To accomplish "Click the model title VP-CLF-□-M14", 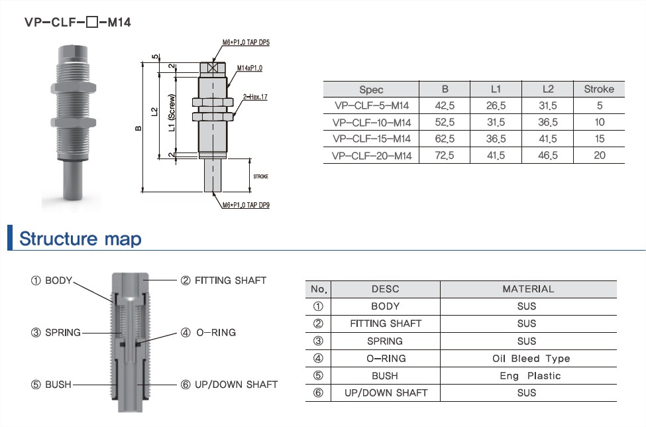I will tap(78, 22).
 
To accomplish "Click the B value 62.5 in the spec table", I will tap(445, 139).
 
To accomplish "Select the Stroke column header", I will tap(598, 89).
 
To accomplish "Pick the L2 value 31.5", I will tap(547, 105).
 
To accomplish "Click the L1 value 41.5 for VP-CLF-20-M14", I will tap(496, 155).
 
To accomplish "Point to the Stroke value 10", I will tap(599, 122).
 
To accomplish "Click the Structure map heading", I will tap(80, 238).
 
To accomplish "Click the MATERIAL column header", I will tap(528, 289).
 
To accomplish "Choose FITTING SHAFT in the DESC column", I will tap(385, 324).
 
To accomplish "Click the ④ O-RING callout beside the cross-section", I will tap(208, 332).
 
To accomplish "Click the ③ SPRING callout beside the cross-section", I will tap(56, 332).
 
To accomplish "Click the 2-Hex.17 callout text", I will tap(254, 97).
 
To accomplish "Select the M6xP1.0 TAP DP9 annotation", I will tap(246, 205).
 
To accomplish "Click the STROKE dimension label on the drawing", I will tap(259, 176).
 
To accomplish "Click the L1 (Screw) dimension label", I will tap(172, 112).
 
